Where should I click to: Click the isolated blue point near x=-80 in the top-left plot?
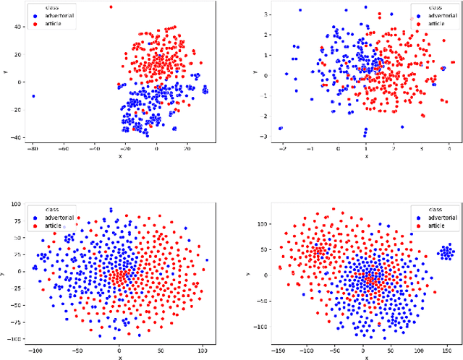coord(33,96)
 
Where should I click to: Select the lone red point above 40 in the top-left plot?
coord(111,7)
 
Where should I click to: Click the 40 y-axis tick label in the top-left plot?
coord(17,27)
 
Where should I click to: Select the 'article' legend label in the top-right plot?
coord(436,23)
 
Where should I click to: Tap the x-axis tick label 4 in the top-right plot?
coord(449,148)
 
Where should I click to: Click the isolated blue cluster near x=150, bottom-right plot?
coord(446,252)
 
